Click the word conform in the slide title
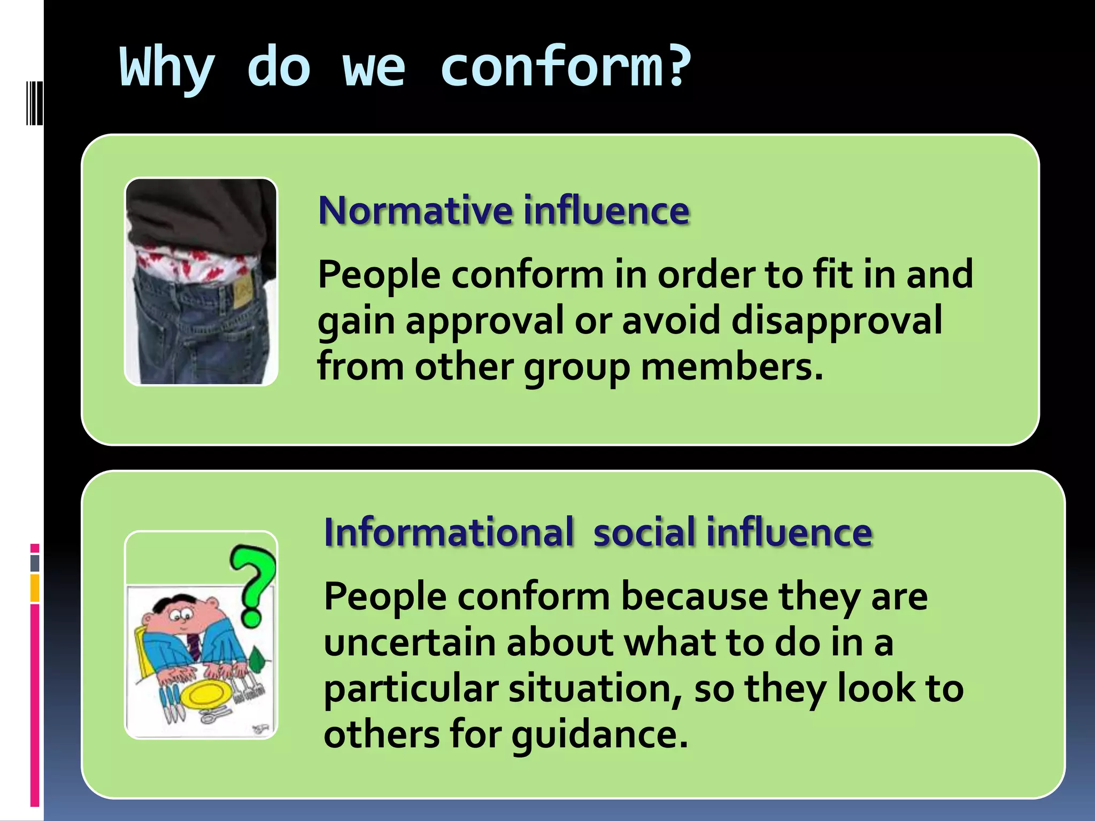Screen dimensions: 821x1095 point(551,68)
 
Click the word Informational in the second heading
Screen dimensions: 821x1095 point(449,532)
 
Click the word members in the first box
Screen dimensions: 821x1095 point(731,367)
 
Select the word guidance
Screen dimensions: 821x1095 point(599,735)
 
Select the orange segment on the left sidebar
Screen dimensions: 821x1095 point(35,588)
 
